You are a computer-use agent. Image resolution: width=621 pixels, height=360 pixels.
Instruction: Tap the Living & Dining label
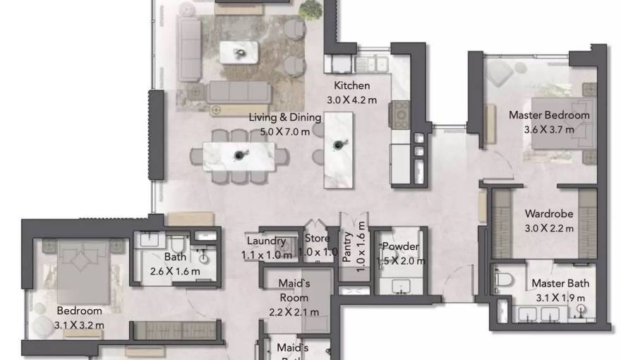(284, 118)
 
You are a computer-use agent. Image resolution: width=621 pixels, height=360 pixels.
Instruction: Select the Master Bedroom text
(549, 115)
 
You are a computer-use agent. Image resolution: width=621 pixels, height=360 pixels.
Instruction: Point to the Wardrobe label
(549, 213)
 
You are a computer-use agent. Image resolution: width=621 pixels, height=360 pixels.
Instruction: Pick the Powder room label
(400, 246)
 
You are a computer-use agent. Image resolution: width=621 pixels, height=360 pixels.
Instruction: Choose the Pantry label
(347, 247)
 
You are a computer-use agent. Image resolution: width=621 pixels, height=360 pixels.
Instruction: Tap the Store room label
(317, 239)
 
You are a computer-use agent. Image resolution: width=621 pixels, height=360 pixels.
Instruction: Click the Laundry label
(266, 241)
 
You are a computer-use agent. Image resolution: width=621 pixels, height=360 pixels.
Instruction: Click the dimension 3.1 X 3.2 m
(79, 325)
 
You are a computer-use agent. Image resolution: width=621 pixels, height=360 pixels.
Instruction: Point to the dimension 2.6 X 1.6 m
(174, 271)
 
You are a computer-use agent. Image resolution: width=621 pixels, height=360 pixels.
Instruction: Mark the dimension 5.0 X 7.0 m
(284, 132)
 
